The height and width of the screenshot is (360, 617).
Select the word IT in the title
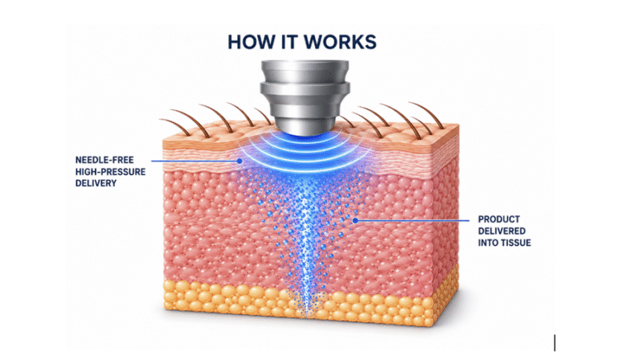point(289,42)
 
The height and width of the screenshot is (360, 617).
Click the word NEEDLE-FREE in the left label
point(104,160)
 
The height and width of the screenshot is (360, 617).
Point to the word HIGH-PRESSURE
point(111,172)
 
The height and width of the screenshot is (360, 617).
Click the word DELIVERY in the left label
point(96,183)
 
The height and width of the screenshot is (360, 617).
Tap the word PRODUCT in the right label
point(499,219)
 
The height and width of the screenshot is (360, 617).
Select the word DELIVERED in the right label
point(501,231)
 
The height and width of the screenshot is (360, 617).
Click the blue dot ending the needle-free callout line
point(239,161)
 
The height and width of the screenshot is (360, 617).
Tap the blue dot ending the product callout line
point(355,221)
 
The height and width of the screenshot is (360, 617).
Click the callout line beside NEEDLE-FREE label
point(194,161)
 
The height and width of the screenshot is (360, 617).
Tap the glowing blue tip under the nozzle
point(304,137)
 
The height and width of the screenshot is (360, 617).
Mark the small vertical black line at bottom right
point(555,342)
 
